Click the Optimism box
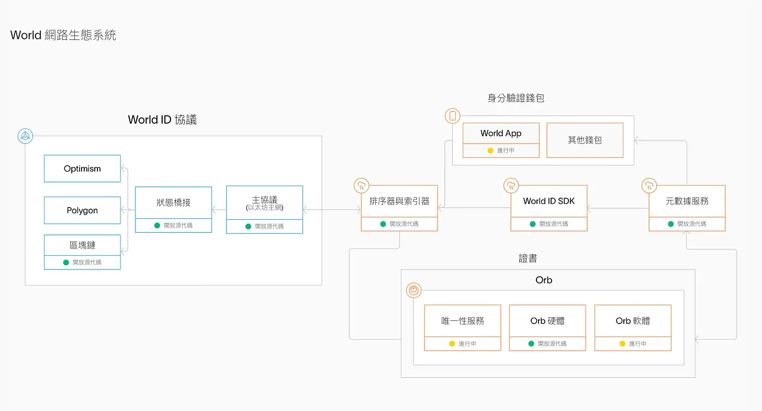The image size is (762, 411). point(82,169)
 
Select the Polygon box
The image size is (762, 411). point(82,210)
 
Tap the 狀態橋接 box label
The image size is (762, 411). point(174,202)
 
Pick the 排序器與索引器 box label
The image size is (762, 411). point(399,201)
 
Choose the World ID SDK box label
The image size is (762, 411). point(549,201)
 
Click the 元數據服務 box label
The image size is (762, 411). point(687,201)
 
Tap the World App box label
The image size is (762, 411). point(501,133)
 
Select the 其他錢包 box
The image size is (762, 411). point(585,140)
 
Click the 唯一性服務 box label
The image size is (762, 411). point(463,321)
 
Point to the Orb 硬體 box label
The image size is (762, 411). point(547,321)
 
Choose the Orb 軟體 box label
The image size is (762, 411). point(633,321)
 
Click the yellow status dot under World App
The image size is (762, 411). point(490,150)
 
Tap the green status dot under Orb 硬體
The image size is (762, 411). point(531,343)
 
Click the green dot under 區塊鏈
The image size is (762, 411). point(66,263)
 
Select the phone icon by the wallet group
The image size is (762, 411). point(453,116)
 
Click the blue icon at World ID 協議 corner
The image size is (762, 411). point(25,136)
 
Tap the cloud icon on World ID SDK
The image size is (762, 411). point(511,186)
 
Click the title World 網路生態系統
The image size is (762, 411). point(63,35)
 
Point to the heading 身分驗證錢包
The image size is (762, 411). point(516,98)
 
